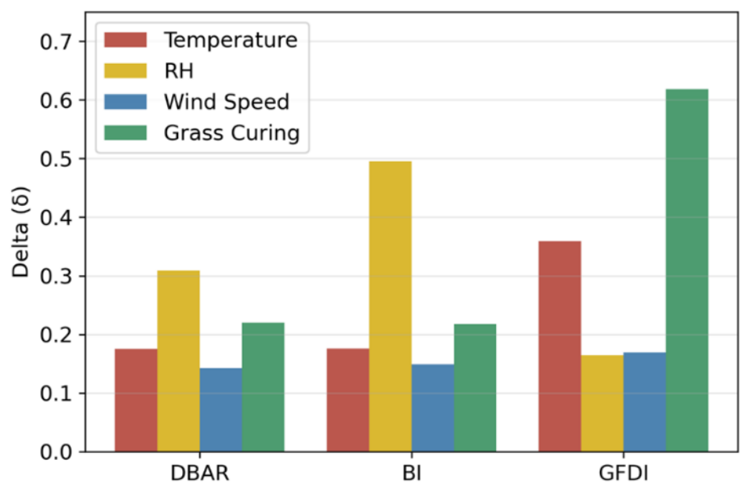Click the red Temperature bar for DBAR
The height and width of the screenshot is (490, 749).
coord(136,400)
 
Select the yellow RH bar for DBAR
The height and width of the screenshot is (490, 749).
coord(179,361)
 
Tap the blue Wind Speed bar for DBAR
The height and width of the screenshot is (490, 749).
coord(221,410)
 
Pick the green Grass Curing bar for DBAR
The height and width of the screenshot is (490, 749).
coord(263,387)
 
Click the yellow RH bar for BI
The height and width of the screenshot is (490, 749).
coord(390,306)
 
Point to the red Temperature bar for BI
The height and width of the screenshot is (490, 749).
coord(348,400)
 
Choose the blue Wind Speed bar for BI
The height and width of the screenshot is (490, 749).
coord(433,408)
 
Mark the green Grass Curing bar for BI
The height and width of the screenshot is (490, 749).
coord(475,387)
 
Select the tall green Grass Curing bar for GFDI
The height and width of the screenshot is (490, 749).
coord(687,271)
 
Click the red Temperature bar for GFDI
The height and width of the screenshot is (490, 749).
coord(560,346)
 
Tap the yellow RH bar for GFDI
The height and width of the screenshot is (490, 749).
coord(602,403)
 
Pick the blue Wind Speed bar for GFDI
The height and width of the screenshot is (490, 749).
coord(644,402)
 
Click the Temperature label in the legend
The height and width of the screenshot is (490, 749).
coord(231,39)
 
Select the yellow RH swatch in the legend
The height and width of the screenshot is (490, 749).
coord(125,71)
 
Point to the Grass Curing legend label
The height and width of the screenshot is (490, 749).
coord(232,133)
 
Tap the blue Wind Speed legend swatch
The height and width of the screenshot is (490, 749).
coord(125,102)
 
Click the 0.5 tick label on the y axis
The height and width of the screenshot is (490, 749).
coord(56,159)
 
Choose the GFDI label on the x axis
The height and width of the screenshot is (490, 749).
coord(624,473)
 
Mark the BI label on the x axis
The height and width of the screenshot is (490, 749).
coord(412,473)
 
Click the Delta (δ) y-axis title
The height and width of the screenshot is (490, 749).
coord(21,232)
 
